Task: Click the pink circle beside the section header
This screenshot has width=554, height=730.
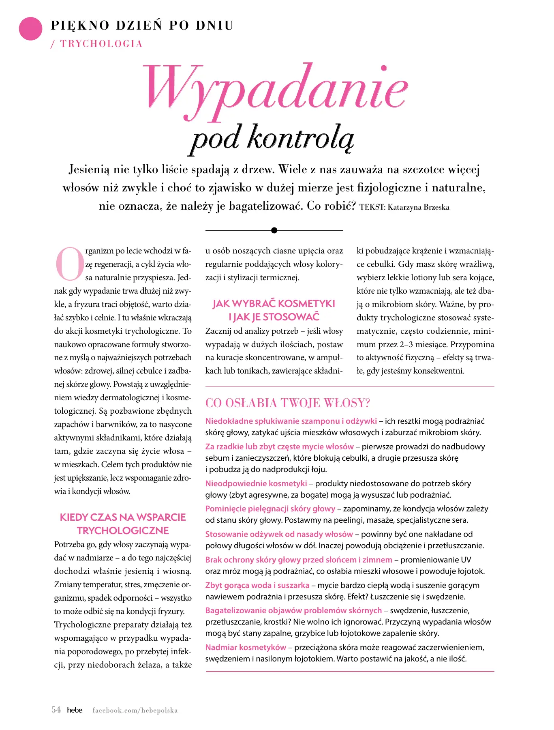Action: point(30,29)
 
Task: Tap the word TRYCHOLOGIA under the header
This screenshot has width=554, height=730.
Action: point(101,44)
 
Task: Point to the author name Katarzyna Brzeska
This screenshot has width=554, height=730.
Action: point(418,207)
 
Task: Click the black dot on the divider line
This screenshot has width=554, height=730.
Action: point(274,230)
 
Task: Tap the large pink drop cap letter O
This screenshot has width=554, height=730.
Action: point(69,264)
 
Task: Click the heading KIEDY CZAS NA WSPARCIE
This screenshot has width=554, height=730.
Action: point(123,517)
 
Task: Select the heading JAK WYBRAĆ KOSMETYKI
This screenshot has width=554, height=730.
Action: point(274,304)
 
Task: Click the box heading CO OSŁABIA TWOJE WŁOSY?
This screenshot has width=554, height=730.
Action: point(288,403)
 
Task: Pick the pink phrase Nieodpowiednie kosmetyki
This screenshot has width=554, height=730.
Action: point(256,483)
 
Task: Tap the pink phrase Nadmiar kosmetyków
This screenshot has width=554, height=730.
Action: point(246,647)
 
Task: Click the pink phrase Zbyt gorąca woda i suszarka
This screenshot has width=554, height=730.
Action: point(257,585)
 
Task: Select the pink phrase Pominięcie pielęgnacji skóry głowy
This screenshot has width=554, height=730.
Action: point(270,509)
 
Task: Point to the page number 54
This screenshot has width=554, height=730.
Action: point(56,710)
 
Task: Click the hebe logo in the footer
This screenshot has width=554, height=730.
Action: point(75,710)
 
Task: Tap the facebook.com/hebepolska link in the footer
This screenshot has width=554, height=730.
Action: point(135,710)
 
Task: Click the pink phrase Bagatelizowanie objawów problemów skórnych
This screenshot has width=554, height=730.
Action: point(293,610)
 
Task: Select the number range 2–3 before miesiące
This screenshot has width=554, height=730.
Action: point(408,344)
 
